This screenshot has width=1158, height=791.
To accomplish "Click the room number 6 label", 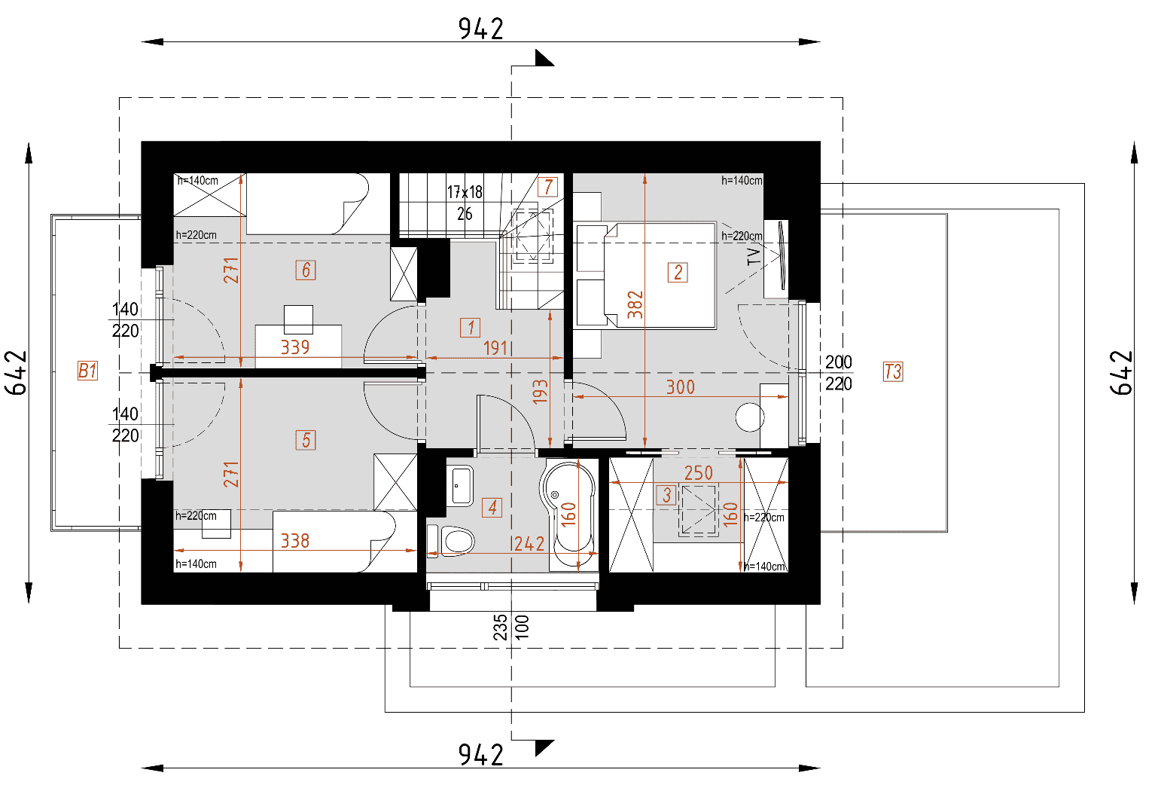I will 306,270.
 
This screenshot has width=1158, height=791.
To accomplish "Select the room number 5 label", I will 306,440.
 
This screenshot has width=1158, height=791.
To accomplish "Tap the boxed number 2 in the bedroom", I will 678,272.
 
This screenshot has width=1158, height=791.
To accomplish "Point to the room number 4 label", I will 492,508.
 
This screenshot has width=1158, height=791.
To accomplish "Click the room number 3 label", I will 666,495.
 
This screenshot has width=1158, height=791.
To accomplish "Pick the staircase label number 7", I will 548,187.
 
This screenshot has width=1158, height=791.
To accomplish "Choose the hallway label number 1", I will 471,328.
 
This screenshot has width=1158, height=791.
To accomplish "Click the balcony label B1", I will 87,371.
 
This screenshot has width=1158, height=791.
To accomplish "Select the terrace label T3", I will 892,371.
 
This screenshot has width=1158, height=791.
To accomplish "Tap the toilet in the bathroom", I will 456,540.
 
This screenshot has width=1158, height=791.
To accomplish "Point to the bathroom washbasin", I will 460,486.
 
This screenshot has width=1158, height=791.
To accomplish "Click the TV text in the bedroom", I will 754,257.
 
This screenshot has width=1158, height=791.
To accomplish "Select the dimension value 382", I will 635,304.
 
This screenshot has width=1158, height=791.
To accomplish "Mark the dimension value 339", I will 295,347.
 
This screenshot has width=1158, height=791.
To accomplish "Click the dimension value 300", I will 680,387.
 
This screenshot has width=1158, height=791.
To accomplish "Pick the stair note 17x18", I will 465,192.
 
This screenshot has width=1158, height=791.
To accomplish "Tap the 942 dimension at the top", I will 480,29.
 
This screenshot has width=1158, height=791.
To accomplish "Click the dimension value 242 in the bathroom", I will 529,544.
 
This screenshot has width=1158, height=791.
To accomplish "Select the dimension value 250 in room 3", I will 698,473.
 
